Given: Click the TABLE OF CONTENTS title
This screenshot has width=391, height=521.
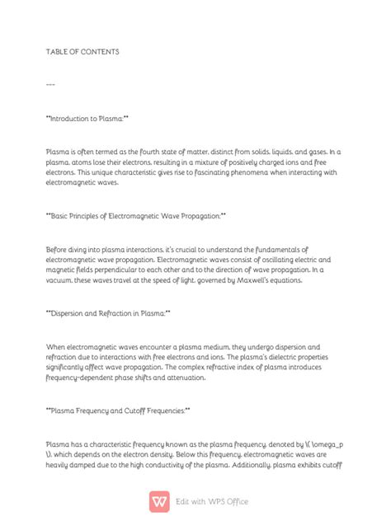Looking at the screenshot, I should (x=82, y=51).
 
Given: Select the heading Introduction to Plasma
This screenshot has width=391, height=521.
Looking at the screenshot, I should (x=87, y=118).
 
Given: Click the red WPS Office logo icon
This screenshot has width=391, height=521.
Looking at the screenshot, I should (x=160, y=500).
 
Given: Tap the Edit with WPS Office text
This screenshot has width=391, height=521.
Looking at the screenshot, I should (x=212, y=501).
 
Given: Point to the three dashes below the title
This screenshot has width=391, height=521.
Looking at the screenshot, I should (x=51, y=85).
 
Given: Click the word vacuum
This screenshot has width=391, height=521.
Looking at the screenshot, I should (x=65, y=280).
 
